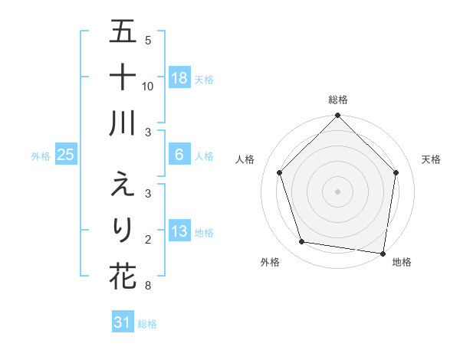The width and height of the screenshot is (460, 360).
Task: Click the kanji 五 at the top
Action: click(x=123, y=32)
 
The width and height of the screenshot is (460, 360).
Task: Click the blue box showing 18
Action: click(x=179, y=78)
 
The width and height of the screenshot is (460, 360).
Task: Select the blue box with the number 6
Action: click(x=179, y=155)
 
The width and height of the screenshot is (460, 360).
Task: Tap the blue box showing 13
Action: click(x=179, y=231)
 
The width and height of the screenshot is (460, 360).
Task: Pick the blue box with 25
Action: click(x=66, y=155)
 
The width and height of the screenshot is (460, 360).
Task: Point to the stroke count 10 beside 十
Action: click(x=148, y=87)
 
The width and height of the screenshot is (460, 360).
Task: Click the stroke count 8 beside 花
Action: click(x=148, y=286)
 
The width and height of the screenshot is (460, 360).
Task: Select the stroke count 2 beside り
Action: click(x=148, y=240)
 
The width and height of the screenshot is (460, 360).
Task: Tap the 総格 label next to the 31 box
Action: click(x=148, y=324)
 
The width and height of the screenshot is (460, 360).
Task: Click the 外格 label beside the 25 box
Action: click(x=41, y=156)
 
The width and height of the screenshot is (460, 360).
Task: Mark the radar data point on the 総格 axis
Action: click(x=337, y=116)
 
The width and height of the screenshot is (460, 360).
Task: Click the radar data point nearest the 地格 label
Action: click(x=383, y=253)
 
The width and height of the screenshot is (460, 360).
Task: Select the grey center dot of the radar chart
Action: click(x=337, y=191)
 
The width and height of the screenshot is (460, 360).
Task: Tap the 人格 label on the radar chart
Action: click(x=245, y=159)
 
